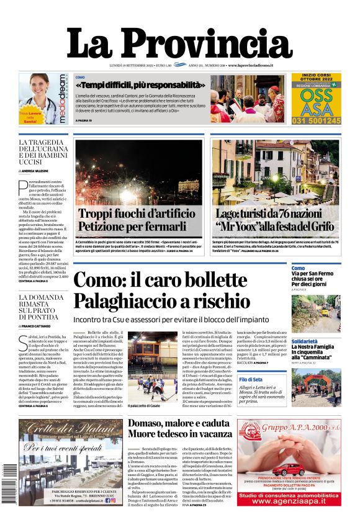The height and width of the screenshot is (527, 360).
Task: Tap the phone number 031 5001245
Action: coord(317,121)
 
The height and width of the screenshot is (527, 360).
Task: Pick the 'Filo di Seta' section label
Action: coord(304,379)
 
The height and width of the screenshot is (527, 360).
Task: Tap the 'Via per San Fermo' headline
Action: coord(316,273)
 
